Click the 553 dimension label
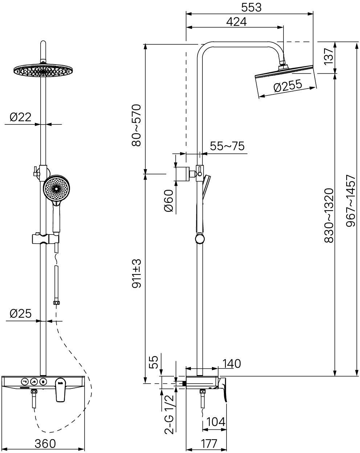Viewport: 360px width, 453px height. click(x=251, y=7)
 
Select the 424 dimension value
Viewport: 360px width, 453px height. click(x=236, y=22)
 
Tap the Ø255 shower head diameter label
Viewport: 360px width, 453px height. click(x=288, y=85)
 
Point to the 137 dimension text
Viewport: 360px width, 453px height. click(x=329, y=56)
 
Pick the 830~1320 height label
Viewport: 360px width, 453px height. click(x=329, y=215)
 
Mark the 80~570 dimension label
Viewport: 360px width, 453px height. click(x=136, y=125)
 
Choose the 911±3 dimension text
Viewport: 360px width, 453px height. click(x=136, y=273)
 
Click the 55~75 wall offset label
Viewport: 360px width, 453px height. click(x=227, y=146)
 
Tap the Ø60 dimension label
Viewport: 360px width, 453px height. click(x=168, y=201)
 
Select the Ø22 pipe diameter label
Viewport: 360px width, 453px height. click(x=20, y=117)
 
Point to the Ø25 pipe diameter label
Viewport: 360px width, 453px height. click(x=21, y=314)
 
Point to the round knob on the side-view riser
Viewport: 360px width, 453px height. click(x=200, y=239)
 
